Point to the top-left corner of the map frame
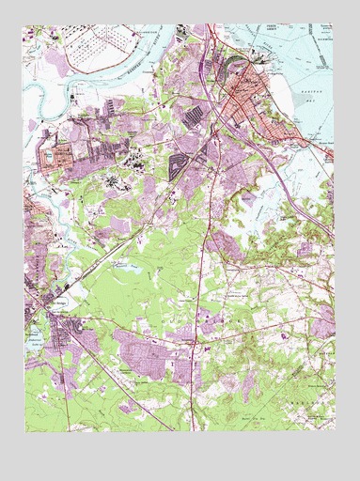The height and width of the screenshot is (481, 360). (x=25, y=25)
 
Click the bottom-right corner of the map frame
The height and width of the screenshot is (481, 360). (x=334, y=429)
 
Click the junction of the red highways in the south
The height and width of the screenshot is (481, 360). (x=193, y=345)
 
